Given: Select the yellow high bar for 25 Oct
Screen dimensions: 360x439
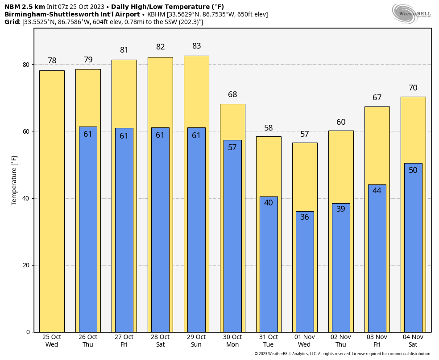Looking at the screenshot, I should (x=52, y=200).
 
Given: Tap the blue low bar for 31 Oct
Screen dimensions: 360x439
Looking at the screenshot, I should (x=269, y=267).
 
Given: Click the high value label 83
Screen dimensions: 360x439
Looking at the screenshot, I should (x=196, y=46).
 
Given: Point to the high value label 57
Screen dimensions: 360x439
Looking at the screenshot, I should (x=305, y=134).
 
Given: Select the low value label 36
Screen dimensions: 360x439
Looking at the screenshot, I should (x=305, y=217).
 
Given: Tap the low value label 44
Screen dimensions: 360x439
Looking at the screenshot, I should (x=377, y=191).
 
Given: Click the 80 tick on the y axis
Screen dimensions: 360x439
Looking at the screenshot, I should (x=26, y=65).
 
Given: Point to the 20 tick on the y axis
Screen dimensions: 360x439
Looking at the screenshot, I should (x=26, y=265).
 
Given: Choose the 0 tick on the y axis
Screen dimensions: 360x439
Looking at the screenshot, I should (x=28, y=332).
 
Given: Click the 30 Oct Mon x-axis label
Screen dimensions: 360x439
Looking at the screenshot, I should (x=232, y=341).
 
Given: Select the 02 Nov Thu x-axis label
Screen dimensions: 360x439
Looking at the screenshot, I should (x=341, y=341).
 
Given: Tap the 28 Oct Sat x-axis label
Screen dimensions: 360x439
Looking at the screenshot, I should (x=160, y=341).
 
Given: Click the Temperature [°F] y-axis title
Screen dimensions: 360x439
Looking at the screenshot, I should (x=14, y=180).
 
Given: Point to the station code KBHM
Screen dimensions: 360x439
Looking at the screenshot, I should (x=156, y=14).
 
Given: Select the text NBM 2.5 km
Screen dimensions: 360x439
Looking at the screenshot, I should (x=25, y=7).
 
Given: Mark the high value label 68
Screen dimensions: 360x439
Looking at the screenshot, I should (x=232, y=94).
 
